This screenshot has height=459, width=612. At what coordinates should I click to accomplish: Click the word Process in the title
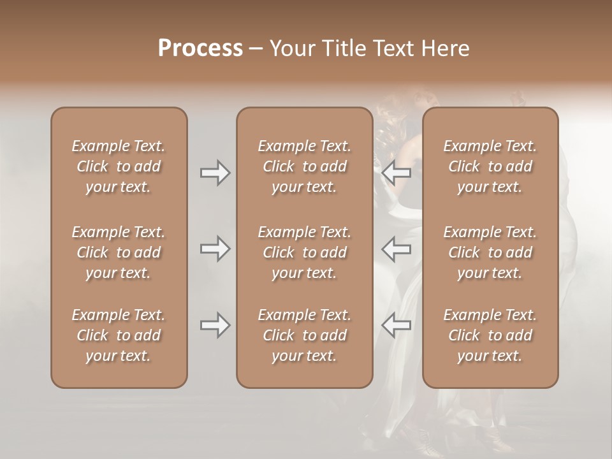(x=200, y=48)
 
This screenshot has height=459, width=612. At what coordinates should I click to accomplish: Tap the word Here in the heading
(x=446, y=48)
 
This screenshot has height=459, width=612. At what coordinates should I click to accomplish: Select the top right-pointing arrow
(x=215, y=173)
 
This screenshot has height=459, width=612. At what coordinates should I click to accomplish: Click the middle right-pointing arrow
(x=215, y=249)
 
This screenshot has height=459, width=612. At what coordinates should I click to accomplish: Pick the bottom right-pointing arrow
(x=215, y=325)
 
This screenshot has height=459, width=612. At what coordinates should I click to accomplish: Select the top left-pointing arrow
(x=396, y=173)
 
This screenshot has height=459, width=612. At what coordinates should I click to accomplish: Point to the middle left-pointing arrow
(x=396, y=249)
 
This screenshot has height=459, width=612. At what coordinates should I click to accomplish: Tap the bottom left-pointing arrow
(x=396, y=325)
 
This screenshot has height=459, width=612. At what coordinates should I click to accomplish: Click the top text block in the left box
(x=119, y=166)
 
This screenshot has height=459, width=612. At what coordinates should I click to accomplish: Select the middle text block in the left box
(x=119, y=252)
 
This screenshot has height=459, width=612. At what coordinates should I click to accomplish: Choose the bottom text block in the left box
(x=119, y=335)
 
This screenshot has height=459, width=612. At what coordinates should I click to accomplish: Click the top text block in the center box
(x=305, y=166)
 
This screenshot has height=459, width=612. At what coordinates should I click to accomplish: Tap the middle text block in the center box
(x=305, y=252)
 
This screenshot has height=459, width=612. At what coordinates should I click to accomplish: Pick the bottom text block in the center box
(x=305, y=335)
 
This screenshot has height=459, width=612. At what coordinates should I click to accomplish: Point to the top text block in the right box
(x=490, y=166)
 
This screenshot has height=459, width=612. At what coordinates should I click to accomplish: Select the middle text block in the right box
(x=490, y=252)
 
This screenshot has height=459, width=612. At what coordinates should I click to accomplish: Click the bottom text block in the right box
(x=490, y=335)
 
